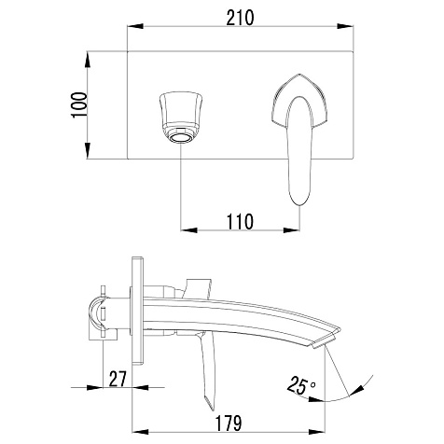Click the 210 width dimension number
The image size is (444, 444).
(240, 18)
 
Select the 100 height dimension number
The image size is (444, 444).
(79, 104)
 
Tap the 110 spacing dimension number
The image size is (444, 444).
(240, 222)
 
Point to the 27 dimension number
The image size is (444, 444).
(118, 379)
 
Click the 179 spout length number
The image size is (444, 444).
(229, 423)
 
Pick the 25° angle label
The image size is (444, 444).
(300, 385)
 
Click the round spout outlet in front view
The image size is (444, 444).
(181, 137)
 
